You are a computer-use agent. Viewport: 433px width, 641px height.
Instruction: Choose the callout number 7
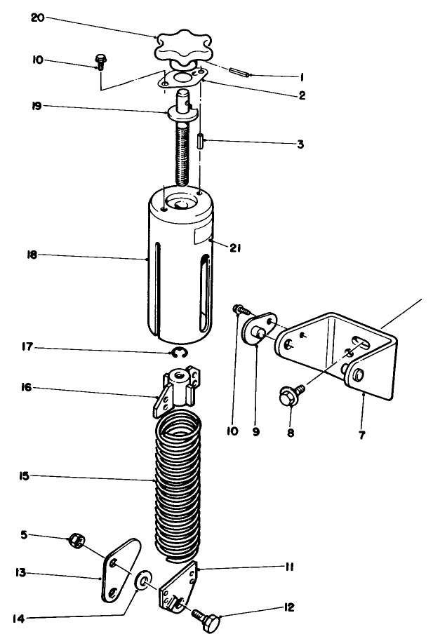click(x=361, y=435)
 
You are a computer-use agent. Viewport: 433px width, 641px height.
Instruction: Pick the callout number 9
click(x=255, y=432)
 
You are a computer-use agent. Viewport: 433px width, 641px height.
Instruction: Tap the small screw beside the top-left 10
click(x=100, y=62)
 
